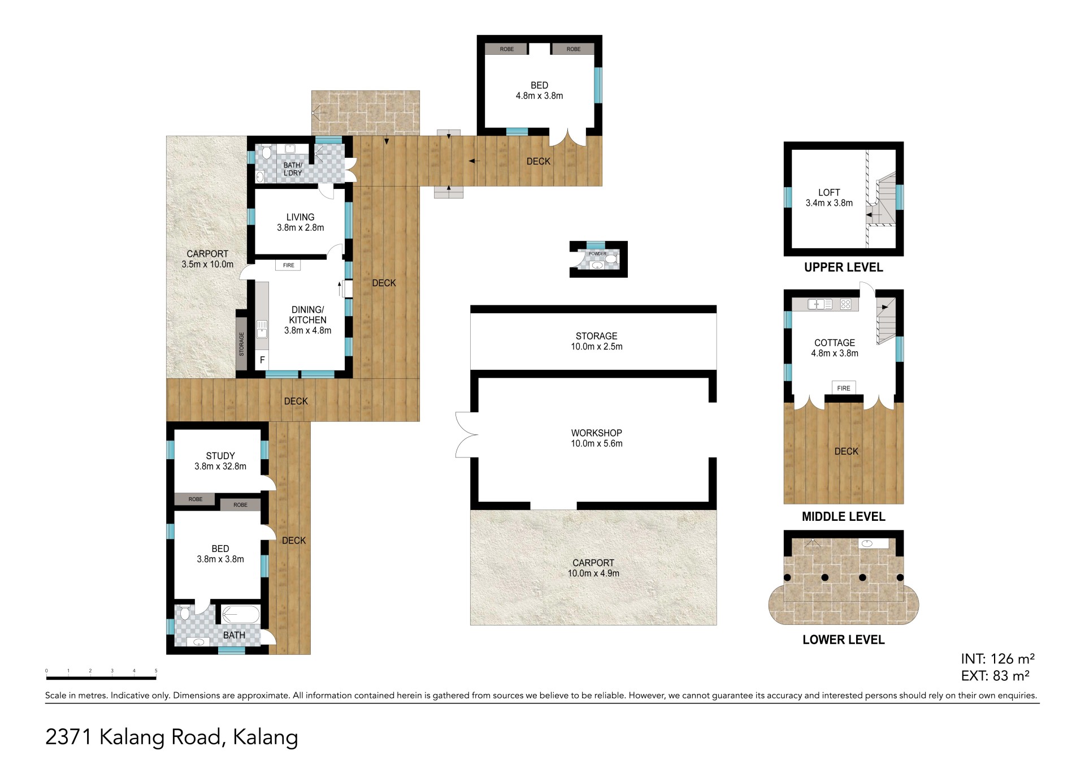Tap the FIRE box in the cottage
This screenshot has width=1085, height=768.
coord(844,388)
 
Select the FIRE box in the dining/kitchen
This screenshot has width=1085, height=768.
coord(289,265)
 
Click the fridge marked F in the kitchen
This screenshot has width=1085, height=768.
coord(262,360)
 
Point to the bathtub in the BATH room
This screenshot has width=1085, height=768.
coord(240,614)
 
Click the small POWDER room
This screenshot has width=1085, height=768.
coord(598,260)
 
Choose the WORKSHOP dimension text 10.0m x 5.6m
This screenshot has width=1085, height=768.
coord(597,443)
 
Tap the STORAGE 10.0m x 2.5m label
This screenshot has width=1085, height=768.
coord(597,341)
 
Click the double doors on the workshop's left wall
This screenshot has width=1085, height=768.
coord(467,434)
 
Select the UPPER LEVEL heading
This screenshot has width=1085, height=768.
coord(844,267)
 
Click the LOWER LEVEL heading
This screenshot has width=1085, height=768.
coord(844,640)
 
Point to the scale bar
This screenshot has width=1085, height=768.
coord(101,677)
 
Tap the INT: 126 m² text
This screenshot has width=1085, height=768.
coord(997,659)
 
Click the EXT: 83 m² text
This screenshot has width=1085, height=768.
coord(995,675)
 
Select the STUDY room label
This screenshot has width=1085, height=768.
coord(220,456)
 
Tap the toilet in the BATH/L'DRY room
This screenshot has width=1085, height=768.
coord(267,152)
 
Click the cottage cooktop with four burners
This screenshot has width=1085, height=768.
coord(845,304)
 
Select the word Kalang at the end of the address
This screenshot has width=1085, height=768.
coord(266,738)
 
